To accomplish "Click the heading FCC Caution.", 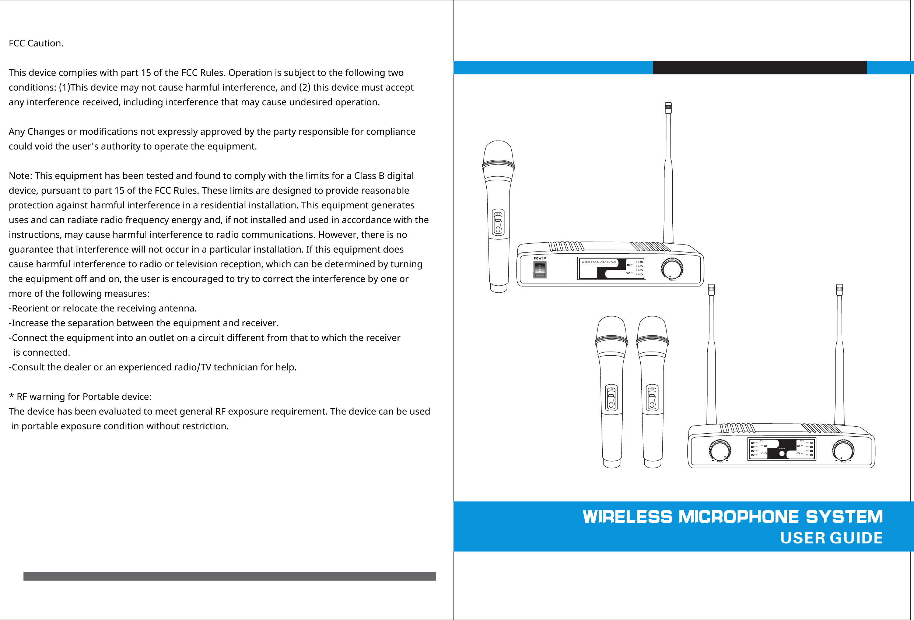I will pos(36,43).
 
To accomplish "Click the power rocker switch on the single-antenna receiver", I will pos(540,270).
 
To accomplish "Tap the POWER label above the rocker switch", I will pos(540,258).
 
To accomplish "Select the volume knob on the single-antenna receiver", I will pos(672,268).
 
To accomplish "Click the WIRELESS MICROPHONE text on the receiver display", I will pos(599,262).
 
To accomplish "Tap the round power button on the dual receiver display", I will pos(782,454).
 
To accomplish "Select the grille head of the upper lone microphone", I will pos(498,153).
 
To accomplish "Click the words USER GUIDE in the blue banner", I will pos(831,538).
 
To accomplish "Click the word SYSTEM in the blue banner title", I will pos(844,517).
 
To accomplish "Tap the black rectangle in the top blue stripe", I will pos(759,68).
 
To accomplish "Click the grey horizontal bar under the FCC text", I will pos(229,576).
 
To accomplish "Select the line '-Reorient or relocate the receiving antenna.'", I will pos(103,308).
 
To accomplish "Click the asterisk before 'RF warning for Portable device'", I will pos(11,396).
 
